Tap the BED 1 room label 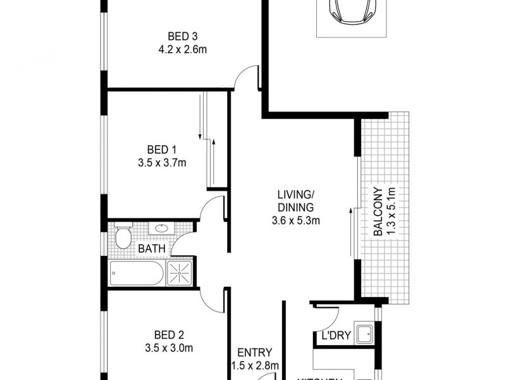[x=162, y=149]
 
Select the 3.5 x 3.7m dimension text [x=162, y=163]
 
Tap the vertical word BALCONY [x=378, y=212]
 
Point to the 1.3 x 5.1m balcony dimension [x=392, y=212]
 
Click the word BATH [x=152, y=249]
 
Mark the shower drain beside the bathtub [x=180, y=274]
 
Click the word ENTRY [x=254, y=353]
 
